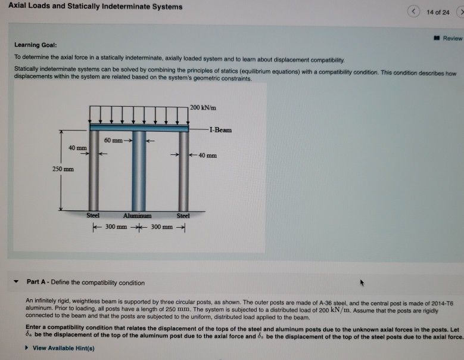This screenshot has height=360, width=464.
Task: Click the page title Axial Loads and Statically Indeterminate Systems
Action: click(95, 7)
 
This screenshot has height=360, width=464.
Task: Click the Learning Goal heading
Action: click(36, 45)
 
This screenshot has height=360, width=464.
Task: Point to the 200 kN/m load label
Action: click(204, 107)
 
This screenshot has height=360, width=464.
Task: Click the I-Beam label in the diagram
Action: click(220, 130)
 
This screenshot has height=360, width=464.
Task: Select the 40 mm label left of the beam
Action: click(74, 148)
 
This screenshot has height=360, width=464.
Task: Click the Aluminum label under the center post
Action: click(137, 215)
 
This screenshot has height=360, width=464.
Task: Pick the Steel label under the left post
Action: click(94, 215)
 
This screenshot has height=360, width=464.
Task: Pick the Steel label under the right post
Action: click(183, 215)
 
